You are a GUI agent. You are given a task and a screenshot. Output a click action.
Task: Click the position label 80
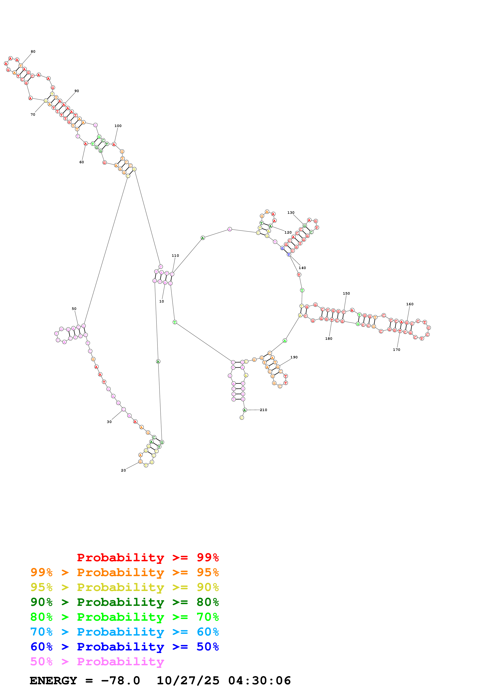(x=33, y=52)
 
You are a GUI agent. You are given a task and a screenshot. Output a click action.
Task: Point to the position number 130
(x=291, y=213)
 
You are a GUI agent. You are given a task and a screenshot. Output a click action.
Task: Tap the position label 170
(x=396, y=350)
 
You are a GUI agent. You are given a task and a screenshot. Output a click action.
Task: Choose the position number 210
(x=263, y=410)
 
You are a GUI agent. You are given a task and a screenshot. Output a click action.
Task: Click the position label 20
(x=123, y=470)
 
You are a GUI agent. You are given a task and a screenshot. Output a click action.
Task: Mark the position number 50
(x=74, y=309)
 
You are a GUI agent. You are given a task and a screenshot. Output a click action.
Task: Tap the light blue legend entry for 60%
(x=124, y=632)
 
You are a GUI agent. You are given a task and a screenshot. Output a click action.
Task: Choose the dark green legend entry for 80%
(x=124, y=602)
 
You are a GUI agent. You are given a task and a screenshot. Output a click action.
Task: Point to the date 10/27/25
(x=188, y=681)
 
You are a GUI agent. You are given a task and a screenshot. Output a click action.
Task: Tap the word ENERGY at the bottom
(x=53, y=681)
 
